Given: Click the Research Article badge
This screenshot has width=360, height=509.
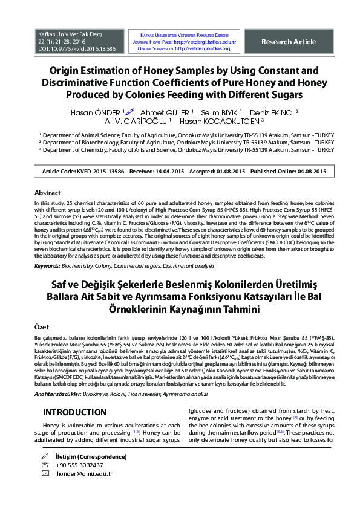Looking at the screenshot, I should tap(288, 42).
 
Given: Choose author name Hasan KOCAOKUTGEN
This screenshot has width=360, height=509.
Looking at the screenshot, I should tap(235, 121).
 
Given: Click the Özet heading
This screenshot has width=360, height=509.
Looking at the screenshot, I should tap(42, 326).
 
